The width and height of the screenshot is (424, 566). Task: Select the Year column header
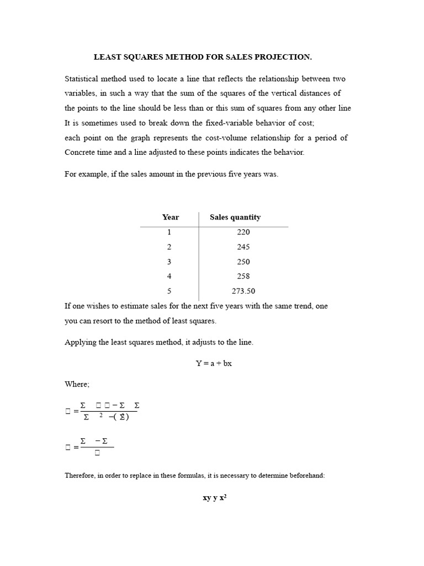point(171,217)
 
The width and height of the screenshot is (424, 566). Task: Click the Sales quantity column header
point(235,217)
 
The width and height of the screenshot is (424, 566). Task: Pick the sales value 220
point(243,232)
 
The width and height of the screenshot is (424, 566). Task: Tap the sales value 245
point(243,247)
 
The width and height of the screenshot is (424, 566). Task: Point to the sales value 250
point(243,261)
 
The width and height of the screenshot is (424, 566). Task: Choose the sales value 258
point(243,276)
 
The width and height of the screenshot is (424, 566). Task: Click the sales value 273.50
point(243,291)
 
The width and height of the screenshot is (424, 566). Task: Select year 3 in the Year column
point(169,261)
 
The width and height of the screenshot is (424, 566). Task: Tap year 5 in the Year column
point(169,291)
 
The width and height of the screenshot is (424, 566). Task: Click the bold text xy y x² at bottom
point(215,497)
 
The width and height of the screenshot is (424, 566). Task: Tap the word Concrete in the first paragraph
point(82,152)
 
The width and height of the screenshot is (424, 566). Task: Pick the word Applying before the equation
point(82,343)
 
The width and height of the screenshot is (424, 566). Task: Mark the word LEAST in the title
point(108,57)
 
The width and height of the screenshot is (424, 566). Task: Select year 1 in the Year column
point(169,232)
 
